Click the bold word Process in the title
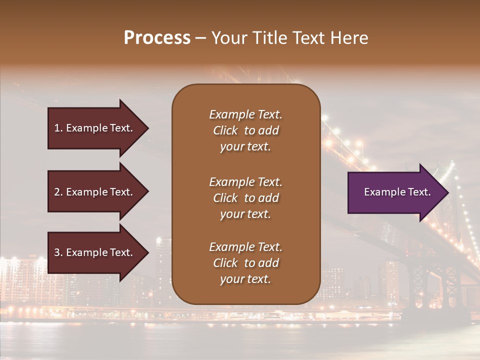coord(157,38)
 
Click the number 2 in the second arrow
coord(57,192)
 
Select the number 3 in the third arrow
coord(57,252)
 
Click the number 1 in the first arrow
coord(57,128)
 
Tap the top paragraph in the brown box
coord(245,130)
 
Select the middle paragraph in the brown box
coord(245,198)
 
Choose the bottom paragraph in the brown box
coord(245,263)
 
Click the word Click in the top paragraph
coord(225,130)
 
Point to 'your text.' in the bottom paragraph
coord(245,279)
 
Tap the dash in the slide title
coord(200,38)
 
